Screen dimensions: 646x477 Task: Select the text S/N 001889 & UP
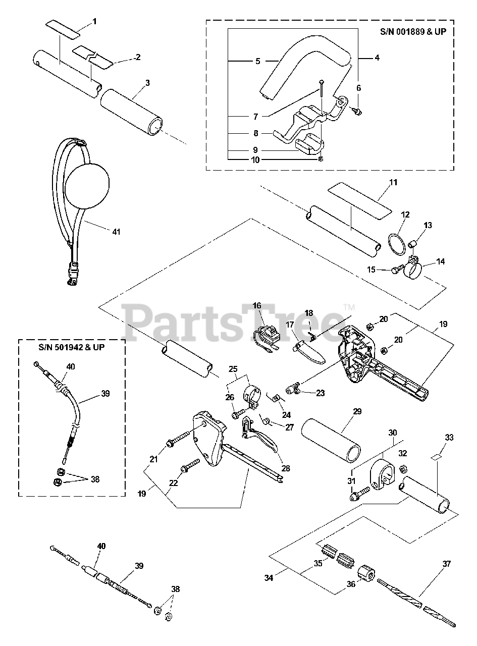(x=416, y=31)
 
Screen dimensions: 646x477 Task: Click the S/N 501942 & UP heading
(x=72, y=348)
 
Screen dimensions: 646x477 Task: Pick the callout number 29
(x=357, y=412)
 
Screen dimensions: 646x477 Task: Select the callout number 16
(x=257, y=305)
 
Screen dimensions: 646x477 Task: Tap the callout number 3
(x=147, y=83)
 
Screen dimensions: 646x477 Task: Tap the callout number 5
(x=257, y=62)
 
